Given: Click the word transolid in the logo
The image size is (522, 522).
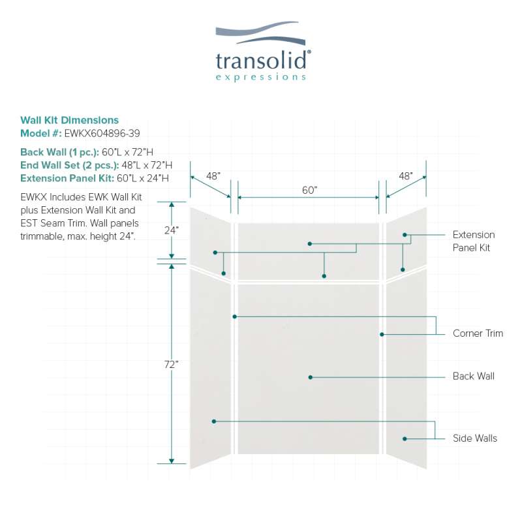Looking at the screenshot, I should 262,61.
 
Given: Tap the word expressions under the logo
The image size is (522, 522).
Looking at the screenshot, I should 261,77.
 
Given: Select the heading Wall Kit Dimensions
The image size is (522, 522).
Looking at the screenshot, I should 70,120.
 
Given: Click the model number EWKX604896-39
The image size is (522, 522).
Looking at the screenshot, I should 93,133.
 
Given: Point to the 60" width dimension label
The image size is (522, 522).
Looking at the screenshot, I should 309,190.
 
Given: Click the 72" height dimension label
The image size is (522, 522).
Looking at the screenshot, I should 172,365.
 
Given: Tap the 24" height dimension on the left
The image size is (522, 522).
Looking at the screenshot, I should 172,230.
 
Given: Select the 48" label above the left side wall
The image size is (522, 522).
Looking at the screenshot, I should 213,176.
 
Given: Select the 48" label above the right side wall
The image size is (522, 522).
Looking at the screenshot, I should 406,176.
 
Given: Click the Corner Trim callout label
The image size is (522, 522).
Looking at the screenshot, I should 478,333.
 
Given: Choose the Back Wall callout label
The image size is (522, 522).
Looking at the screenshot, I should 474,376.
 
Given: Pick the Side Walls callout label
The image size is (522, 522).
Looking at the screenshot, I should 475,438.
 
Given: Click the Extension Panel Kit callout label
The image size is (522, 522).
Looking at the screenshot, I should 474,241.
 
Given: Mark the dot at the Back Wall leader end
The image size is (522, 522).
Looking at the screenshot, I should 311,377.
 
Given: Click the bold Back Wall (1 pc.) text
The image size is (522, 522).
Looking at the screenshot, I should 59,152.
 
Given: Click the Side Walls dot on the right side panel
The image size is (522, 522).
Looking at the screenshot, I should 405,439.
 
